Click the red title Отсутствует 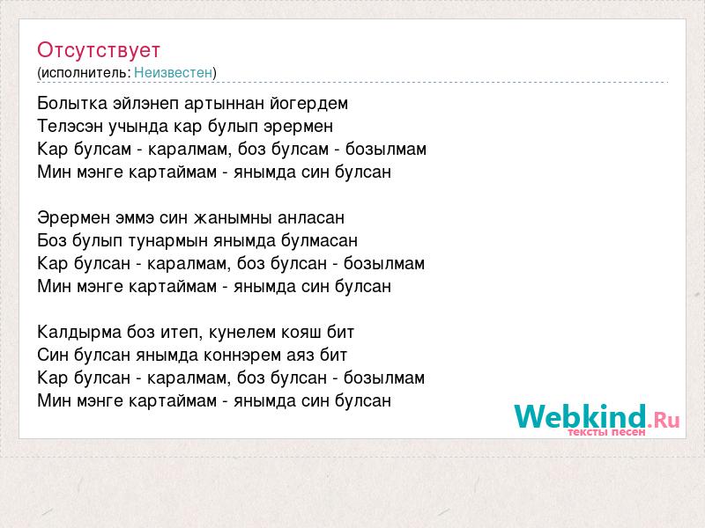(x=99, y=50)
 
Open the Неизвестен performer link (x=173, y=72)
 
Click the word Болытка (x=72, y=104)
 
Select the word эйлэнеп (x=145, y=104)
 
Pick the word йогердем (x=309, y=104)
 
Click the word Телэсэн (x=70, y=127)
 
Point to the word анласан (x=311, y=218)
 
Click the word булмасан (x=319, y=240)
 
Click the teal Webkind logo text (x=580, y=416)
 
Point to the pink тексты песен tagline (x=606, y=432)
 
